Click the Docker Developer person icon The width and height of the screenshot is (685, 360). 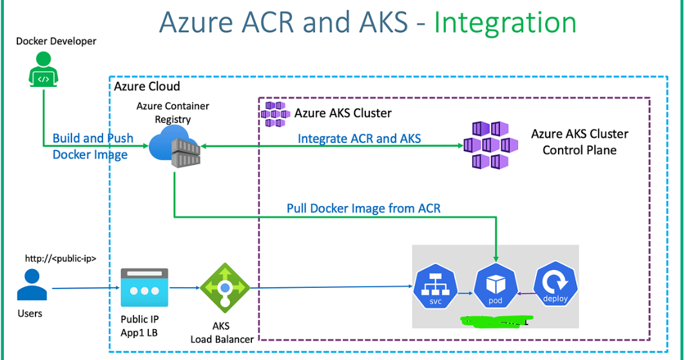(43, 70)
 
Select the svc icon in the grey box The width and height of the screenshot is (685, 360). (435, 288)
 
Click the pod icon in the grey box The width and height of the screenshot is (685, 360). (496, 288)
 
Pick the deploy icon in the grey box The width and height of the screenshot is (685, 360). (555, 288)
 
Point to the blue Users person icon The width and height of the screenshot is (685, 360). (30, 285)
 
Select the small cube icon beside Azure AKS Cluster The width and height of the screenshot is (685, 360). (275, 114)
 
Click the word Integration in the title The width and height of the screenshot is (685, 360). (505, 23)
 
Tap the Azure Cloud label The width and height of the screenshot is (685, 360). (147, 86)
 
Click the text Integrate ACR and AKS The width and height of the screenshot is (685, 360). (359, 138)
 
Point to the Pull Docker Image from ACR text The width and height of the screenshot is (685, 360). (363, 208)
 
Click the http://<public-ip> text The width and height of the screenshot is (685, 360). (61, 258)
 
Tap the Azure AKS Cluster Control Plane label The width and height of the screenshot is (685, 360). (579, 142)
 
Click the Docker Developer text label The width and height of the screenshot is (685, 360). (56, 41)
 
